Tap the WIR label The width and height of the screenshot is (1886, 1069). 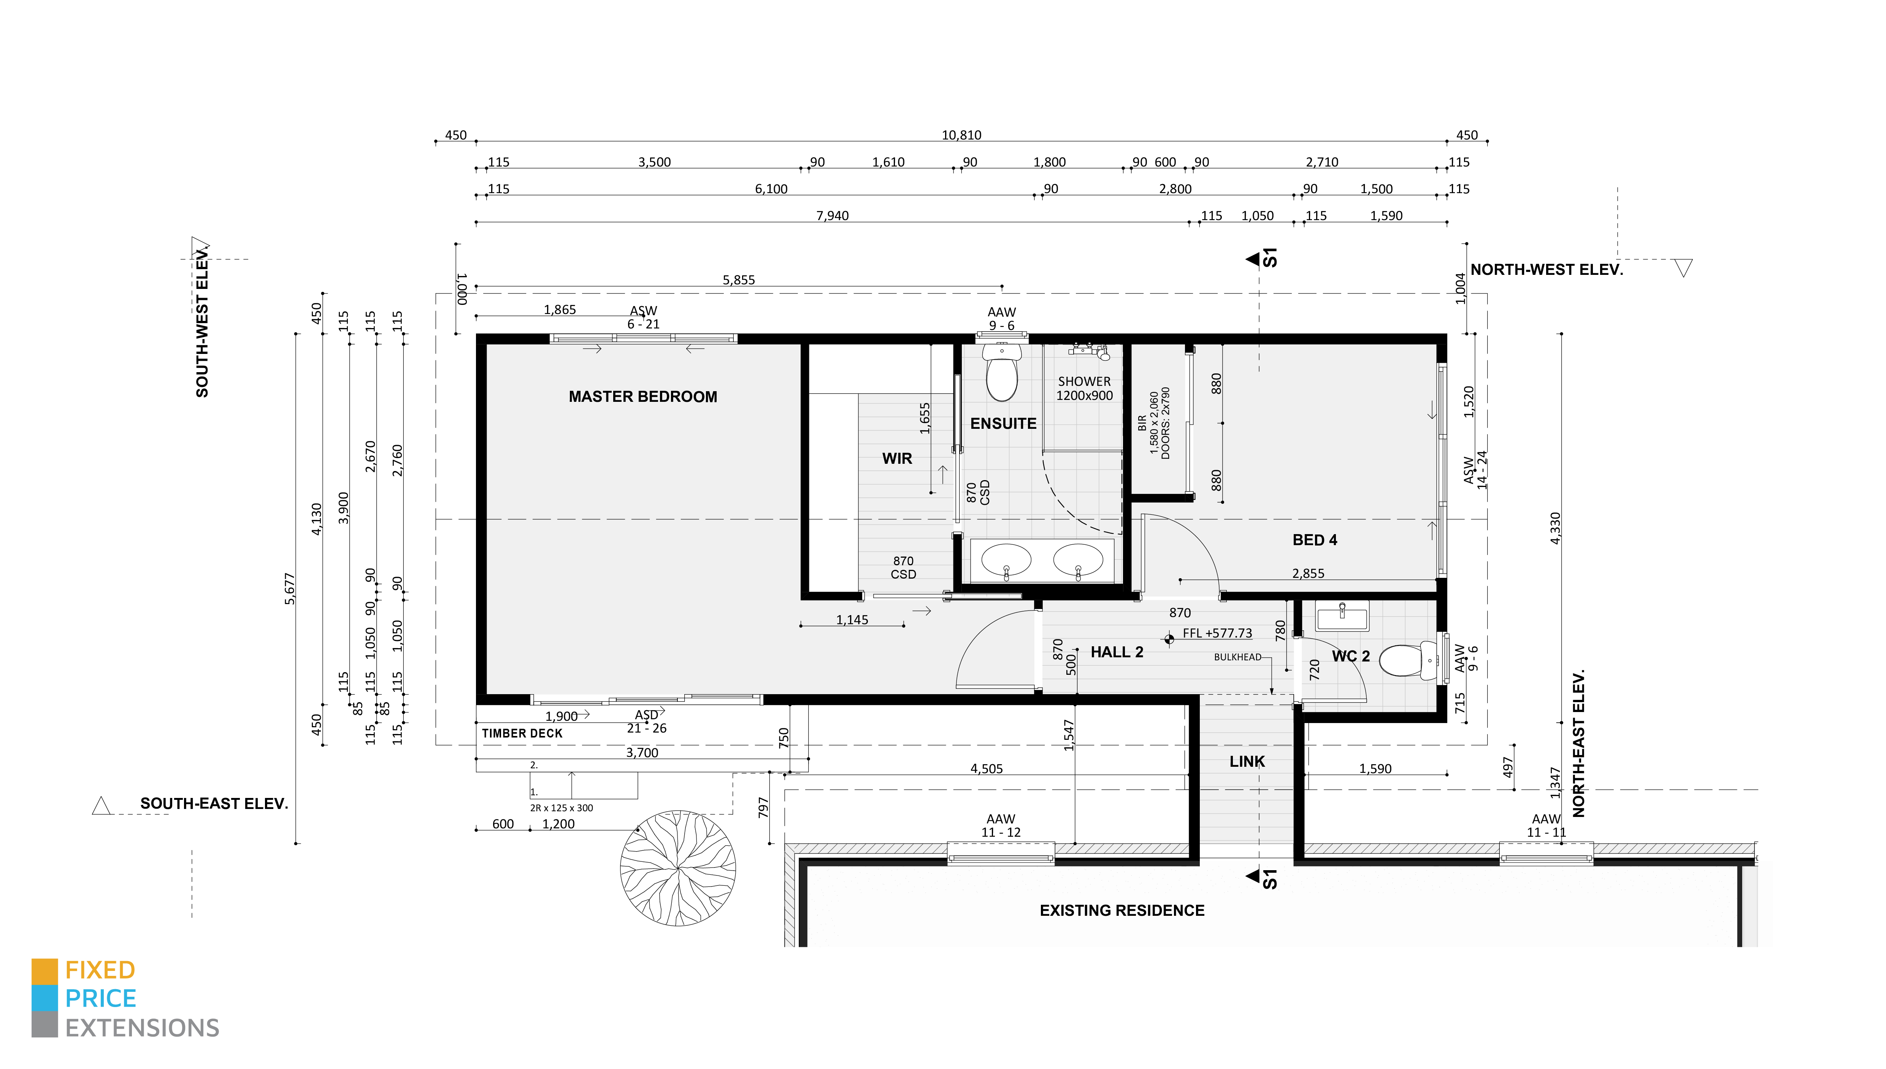pos(897,458)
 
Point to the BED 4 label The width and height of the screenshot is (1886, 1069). pos(1315,540)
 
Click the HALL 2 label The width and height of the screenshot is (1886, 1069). pos(1117,652)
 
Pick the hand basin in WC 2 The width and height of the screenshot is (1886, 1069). pos(1342,615)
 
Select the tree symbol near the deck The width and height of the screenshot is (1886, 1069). pos(677,868)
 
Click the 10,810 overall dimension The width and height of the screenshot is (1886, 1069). pos(961,135)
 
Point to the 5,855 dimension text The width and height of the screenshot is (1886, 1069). pos(739,280)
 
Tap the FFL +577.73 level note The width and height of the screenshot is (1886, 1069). pos(1217,633)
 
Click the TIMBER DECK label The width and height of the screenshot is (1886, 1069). pos(522,733)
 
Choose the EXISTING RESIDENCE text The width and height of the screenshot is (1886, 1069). pos(1122,910)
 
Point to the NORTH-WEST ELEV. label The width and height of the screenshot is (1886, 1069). pos(1546,270)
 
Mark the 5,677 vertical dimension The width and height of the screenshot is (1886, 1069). pos(290,589)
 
